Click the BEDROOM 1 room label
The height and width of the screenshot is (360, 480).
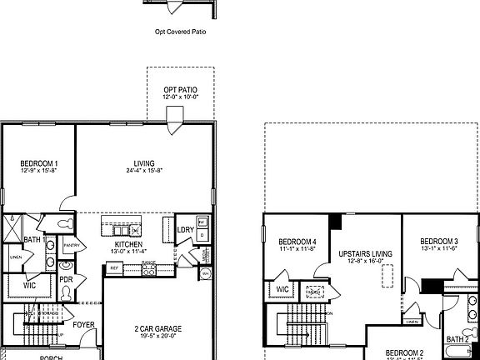(x=39, y=162)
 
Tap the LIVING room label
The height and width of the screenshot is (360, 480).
(x=144, y=163)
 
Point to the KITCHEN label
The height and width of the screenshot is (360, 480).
(x=128, y=244)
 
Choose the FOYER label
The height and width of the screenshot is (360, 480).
(x=83, y=326)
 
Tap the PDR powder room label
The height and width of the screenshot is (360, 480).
(x=65, y=280)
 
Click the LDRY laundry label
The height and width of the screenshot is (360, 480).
(x=185, y=231)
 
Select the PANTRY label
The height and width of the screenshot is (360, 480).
(x=71, y=245)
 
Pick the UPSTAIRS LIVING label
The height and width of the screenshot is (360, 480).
(x=366, y=253)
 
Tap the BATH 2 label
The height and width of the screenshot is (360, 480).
(x=457, y=339)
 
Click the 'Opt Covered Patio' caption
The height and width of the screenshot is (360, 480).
(x=180, y=33)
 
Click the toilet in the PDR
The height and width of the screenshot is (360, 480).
(x=66, y=294)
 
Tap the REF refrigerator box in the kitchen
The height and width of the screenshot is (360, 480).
(x=114, y=268)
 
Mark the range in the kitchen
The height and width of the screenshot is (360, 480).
(x=149, y=268)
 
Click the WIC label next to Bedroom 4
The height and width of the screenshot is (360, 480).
(x=282, y=289)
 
